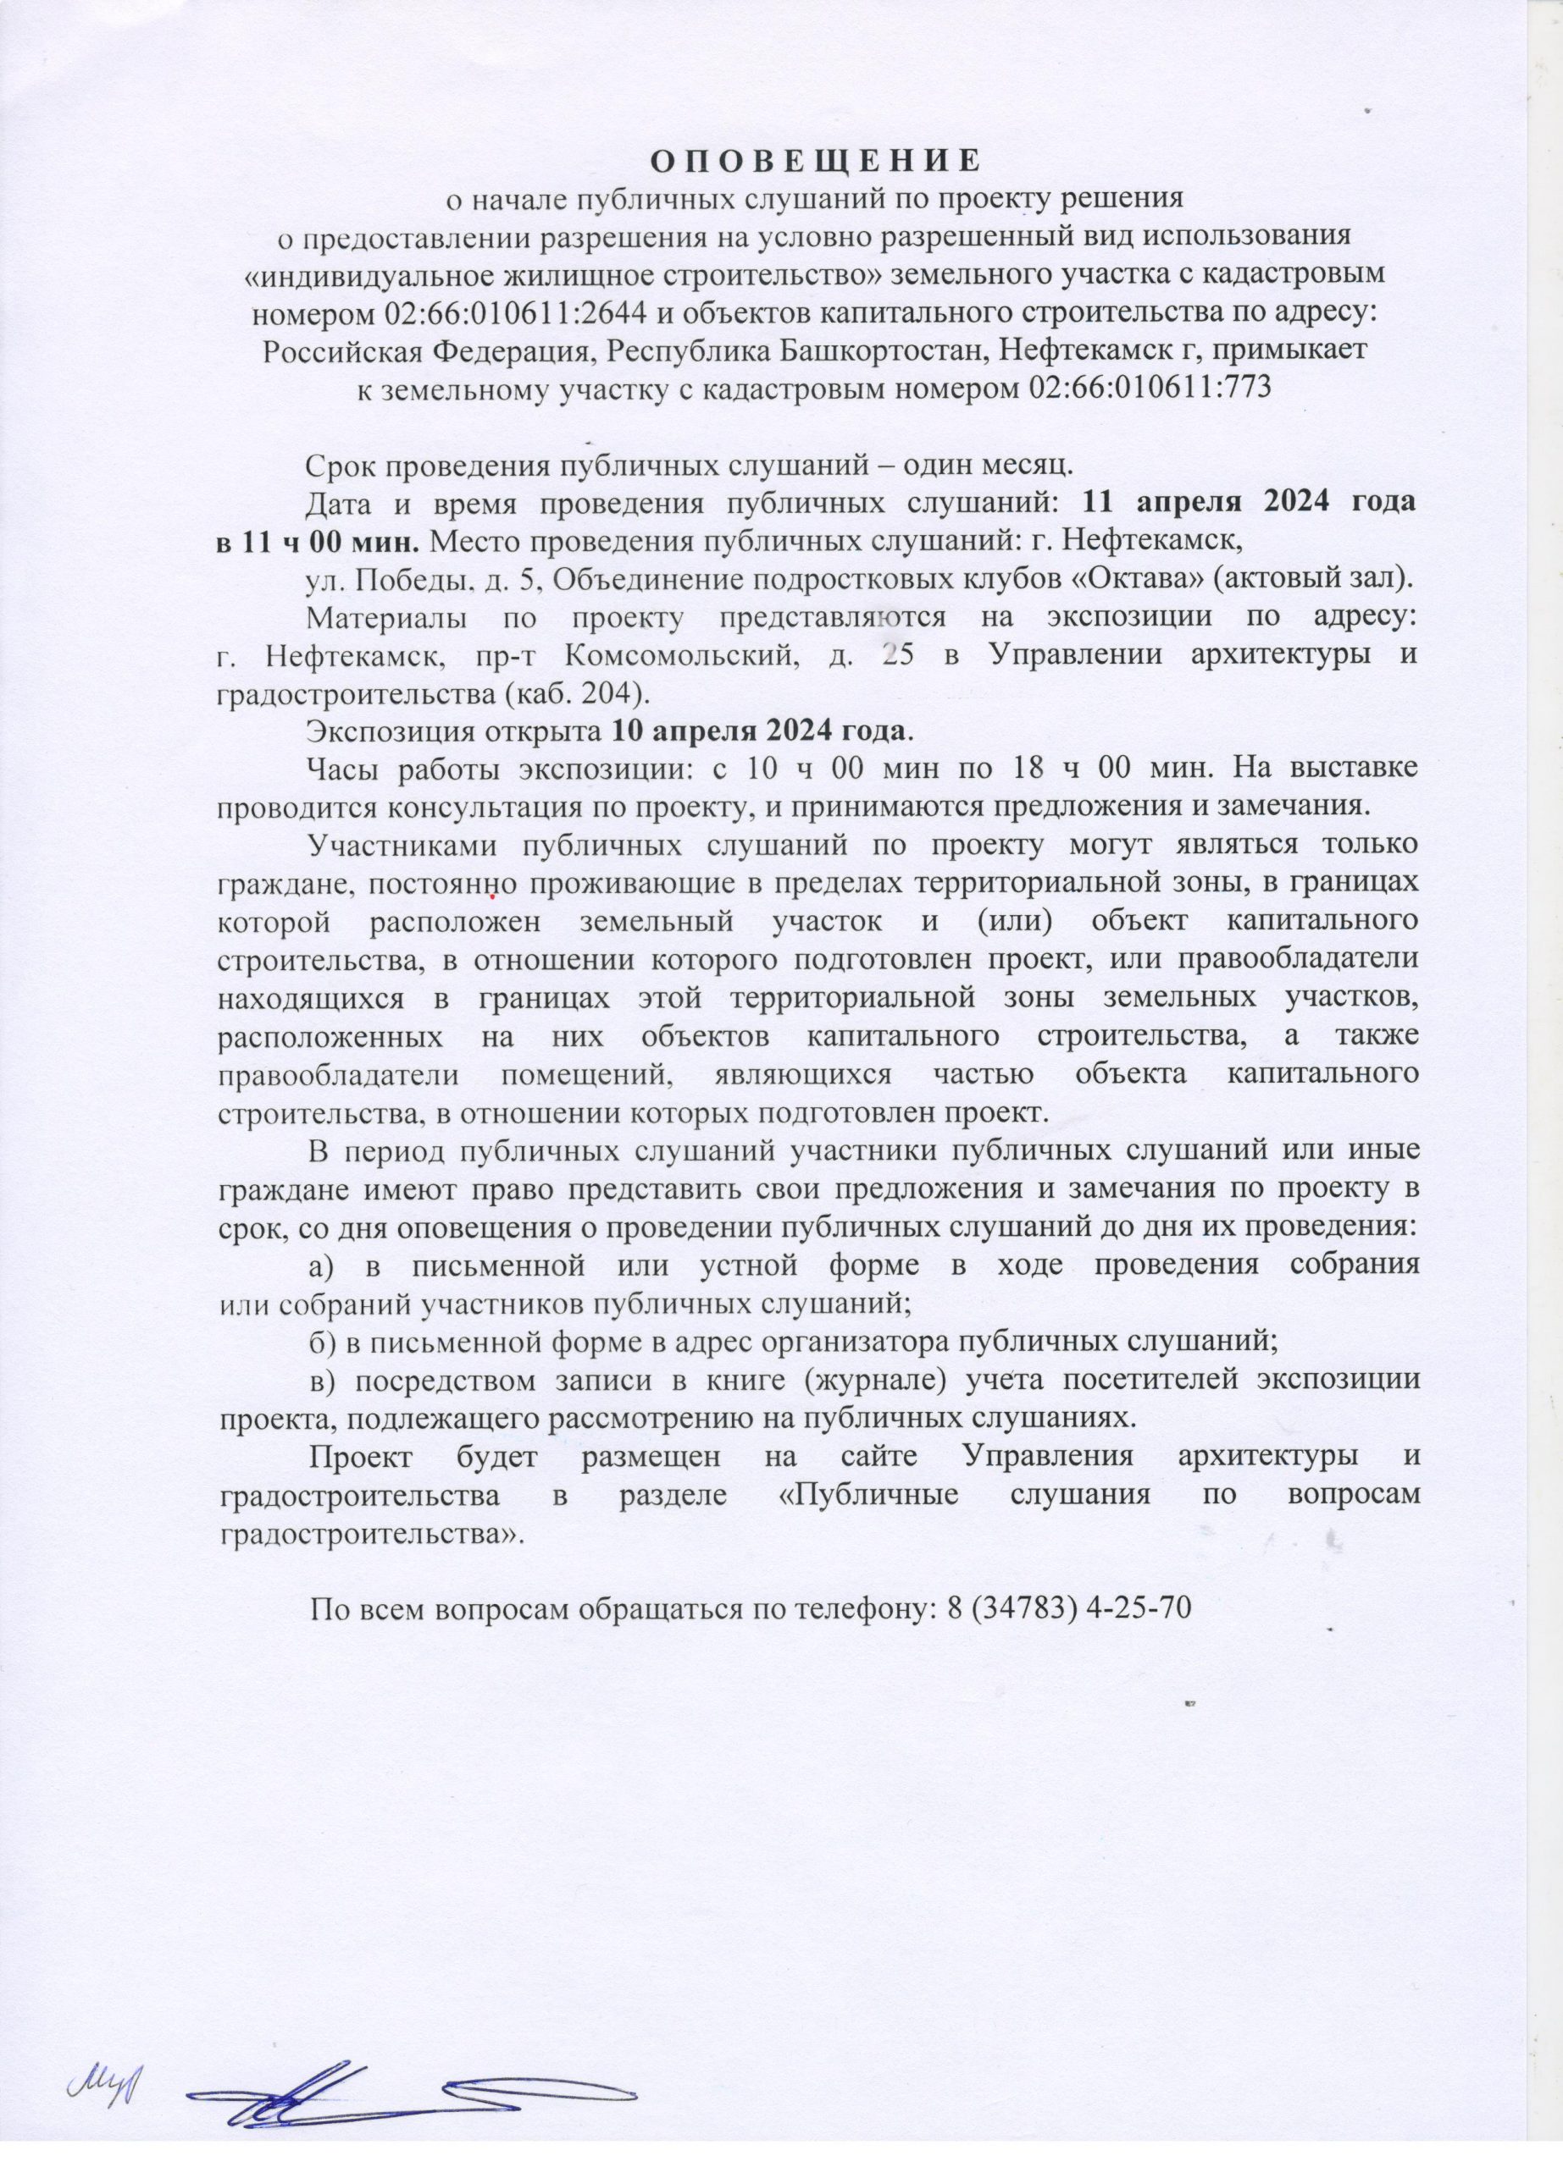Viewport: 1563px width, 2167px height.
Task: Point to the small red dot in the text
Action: pos(491,897)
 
